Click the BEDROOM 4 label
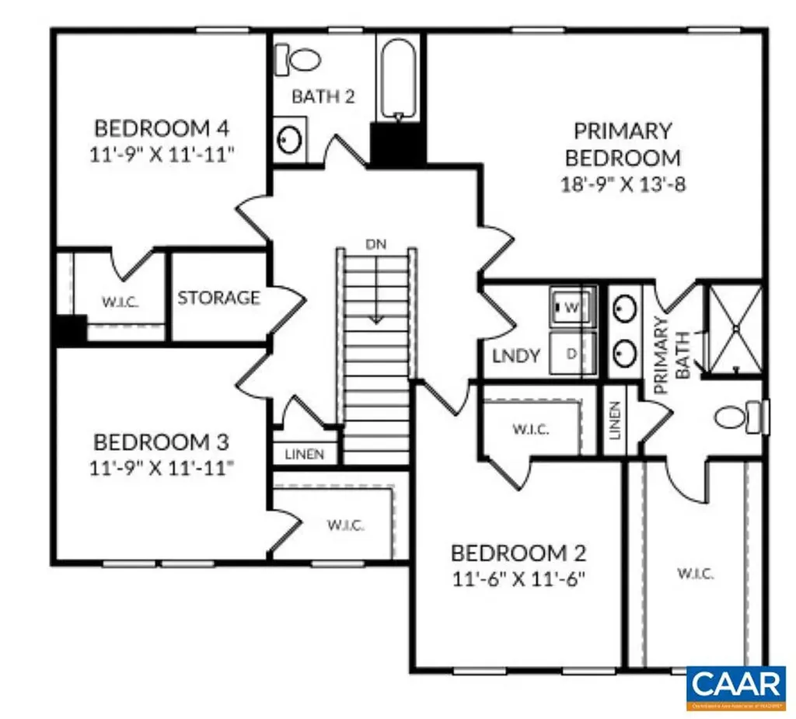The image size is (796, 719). [x=162, y=127]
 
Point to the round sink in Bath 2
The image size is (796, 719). [x=290, y=141]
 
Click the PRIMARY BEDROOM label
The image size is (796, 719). [x=622, y=144]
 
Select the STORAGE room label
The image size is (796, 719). [x=218, y=298]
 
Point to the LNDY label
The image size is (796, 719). [x=516, y=357]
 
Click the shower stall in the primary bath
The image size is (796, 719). [x=733, y=330]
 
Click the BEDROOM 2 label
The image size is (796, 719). [x=518, y=553]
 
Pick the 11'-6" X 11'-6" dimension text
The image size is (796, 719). [x=518, y=579]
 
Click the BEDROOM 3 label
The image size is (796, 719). [x=161, y=442]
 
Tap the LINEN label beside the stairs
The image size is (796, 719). [x=305, y=454]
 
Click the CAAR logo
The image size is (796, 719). [x=735, y=686]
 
